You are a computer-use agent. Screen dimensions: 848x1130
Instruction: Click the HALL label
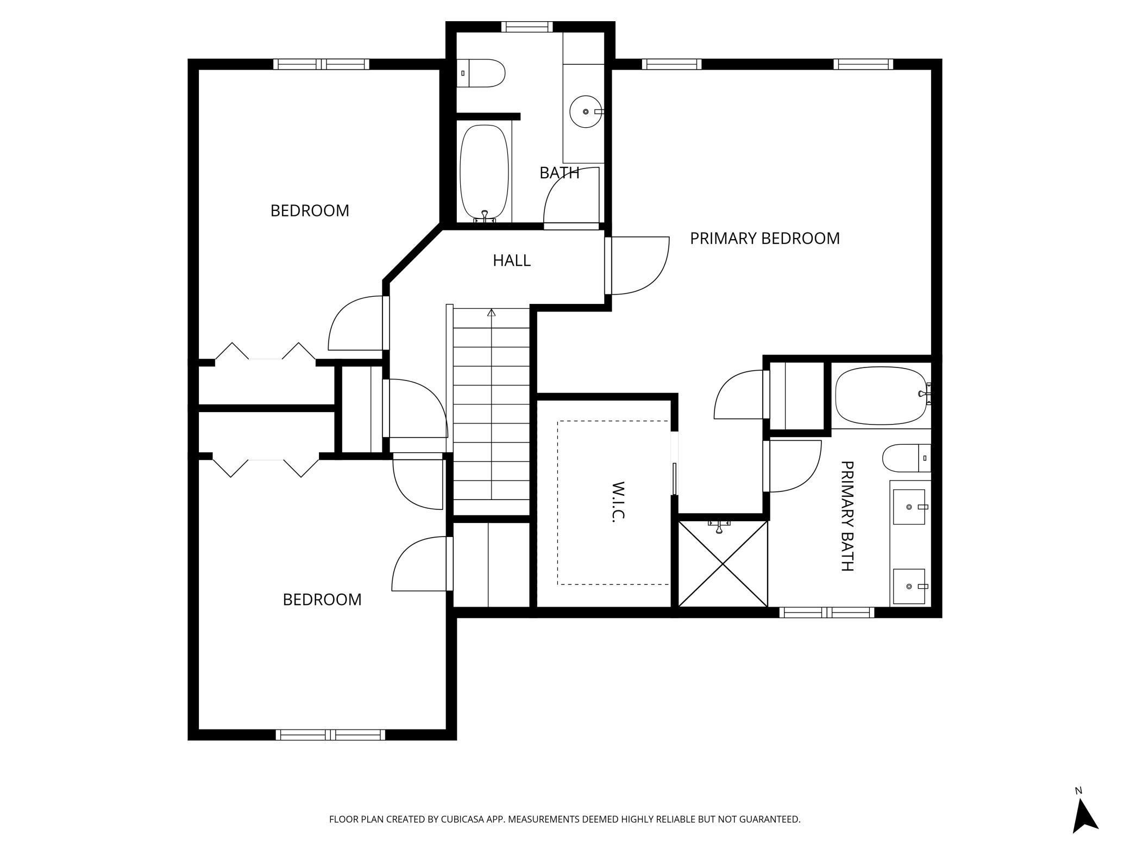pos(511,260)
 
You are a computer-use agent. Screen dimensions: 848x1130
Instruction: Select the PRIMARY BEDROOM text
pos(764,238)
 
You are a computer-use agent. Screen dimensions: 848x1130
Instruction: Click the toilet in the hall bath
pos(481,73)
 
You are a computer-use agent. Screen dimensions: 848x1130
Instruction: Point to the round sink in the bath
pos(586,111)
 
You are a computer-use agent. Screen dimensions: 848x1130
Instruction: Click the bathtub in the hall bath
pos(484,172)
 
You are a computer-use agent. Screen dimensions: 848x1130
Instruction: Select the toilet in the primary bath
pos(904,458)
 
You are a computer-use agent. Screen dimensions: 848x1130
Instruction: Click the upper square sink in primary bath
pos(909,507)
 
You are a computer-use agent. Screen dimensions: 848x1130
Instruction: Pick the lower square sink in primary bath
pos(909,587)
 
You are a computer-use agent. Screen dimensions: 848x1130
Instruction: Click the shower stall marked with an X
pos(723,564)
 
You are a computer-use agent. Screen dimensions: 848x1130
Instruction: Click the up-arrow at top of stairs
pos(492,313)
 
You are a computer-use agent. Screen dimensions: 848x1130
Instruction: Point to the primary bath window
pos(826,613)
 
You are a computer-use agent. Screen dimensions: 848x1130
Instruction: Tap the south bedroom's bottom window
pos(330,735)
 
